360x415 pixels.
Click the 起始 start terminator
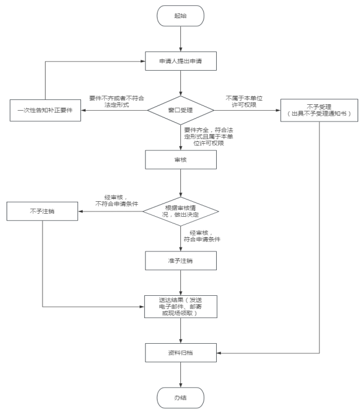[180, 16]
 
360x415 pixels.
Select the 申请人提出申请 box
[181, 61]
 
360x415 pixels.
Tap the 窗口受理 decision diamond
[181, 110]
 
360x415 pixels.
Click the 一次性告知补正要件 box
[46, 110]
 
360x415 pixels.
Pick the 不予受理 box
[319, 110]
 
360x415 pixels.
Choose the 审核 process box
[181, 160]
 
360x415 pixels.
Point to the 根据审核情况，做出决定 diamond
[181, 211]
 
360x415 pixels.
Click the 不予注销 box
[43, 211]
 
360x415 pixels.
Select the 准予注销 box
[181, 260]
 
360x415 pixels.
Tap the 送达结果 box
[181, 307]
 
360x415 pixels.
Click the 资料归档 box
[181, 353]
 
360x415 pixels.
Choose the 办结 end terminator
[180, 398]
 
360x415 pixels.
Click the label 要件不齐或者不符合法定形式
[117, 102]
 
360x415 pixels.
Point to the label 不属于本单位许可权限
[244, 102]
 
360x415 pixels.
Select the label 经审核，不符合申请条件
[117, 201]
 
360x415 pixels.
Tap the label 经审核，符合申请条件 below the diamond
[202, 236]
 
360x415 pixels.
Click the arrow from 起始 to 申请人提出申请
[181, 39]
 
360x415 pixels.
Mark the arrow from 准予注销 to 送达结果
[181, 283]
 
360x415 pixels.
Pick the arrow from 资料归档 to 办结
[181, 375]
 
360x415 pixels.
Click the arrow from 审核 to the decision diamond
[181, 183]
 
